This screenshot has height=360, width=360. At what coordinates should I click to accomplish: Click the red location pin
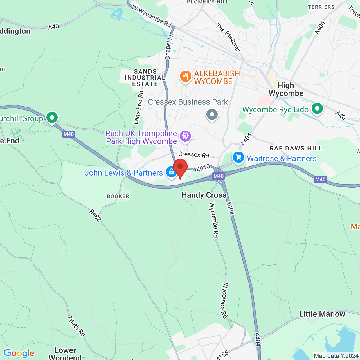click(180, 168)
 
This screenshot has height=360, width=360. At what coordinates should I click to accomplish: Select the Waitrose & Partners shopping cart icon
click(238, 157)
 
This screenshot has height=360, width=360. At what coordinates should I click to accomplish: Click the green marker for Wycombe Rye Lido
click(317, 109)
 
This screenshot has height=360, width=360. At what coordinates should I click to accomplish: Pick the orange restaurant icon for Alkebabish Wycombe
click(185, 76)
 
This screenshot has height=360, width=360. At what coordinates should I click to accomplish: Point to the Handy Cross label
click(204, 195)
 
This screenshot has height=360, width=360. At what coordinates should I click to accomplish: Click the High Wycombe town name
click(286, 89)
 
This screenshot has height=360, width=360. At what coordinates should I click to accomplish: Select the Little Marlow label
click(322, 314)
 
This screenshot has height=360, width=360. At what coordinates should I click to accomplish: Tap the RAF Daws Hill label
click(296, 148)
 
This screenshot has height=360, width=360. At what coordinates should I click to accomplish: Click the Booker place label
click(118, 196)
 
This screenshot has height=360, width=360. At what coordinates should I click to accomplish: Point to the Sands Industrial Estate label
click(145, 78)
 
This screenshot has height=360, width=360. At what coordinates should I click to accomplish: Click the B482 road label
click(95, 215)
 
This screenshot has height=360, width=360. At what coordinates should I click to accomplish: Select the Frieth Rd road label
click(76, 326)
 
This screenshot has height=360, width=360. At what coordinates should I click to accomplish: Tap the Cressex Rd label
click(194, 154)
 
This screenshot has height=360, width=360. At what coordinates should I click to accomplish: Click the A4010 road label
click(201, 168)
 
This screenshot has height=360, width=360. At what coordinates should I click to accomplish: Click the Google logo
click(19, 353)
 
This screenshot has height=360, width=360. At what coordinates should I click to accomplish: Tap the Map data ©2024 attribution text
click(336, 356)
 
